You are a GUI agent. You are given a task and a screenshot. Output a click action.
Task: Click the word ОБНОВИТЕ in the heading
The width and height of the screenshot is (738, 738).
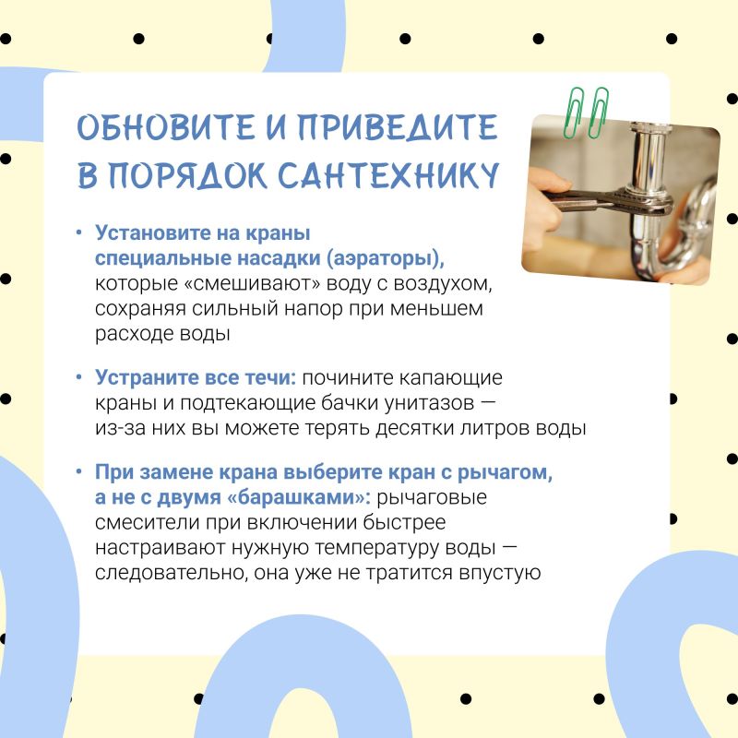point(166,127)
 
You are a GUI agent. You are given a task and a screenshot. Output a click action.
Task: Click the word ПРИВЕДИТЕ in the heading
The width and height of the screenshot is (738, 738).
point(398,127)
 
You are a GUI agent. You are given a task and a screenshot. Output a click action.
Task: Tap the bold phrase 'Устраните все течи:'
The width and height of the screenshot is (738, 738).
point(196,377)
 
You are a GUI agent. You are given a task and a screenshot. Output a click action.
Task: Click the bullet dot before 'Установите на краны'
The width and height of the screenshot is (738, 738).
point(79,232)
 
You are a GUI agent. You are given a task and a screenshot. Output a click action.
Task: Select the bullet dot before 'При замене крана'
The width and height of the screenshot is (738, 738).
point(79,471)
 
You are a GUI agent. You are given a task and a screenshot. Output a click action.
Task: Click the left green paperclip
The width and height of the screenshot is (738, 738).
point(574,113)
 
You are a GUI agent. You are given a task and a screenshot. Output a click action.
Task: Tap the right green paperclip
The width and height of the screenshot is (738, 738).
point(598,113)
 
